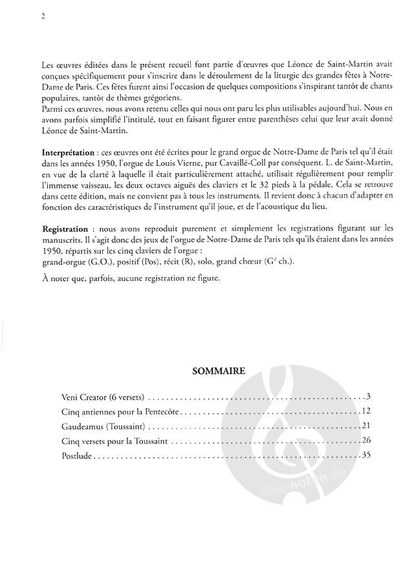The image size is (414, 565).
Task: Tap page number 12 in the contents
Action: [364, 411]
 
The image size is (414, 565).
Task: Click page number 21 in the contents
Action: [364, 426]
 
